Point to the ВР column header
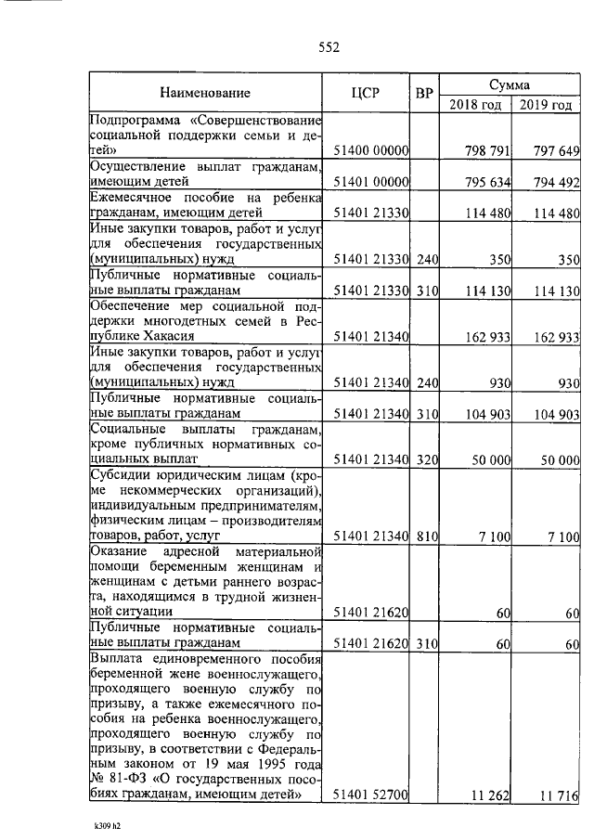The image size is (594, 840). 424,94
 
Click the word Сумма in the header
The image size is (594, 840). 509,84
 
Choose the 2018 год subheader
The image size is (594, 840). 475,104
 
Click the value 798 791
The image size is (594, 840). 488,150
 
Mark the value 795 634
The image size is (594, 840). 488,182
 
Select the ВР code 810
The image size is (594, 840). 426,536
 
